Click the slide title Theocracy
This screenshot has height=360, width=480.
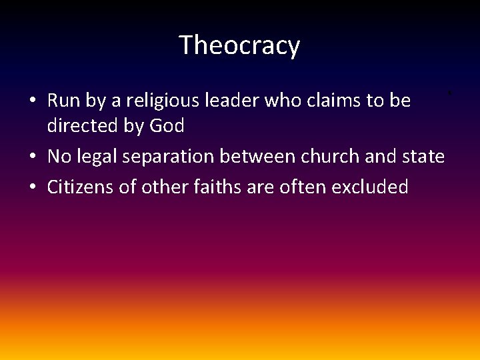pos(239,45)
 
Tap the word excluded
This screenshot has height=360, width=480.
pos(370,187)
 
